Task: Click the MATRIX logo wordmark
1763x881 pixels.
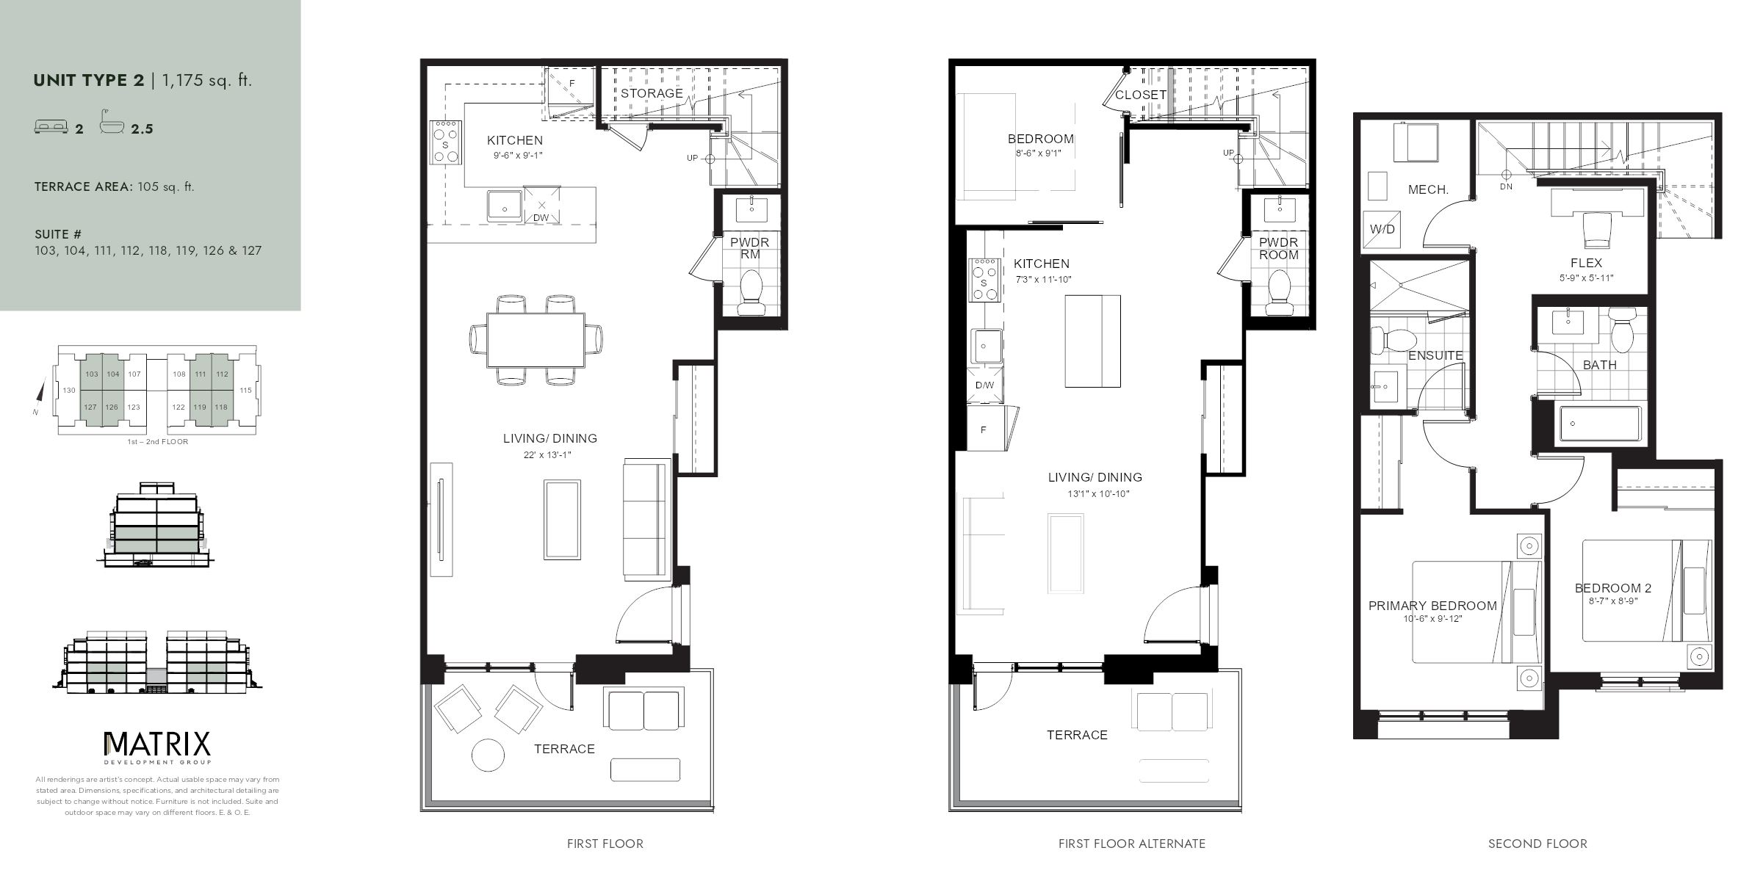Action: [157, 744]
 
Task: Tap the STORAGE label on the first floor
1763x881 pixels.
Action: [651, 93]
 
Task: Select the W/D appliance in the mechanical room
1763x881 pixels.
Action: [1381, 229]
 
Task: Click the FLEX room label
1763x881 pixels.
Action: [1586, 263]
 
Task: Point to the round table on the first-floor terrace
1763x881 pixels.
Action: [488, 755]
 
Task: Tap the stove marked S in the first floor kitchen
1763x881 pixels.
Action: [445, 145]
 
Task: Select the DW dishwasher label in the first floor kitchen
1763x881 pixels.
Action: [541, 217]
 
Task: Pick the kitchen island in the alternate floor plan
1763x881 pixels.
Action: [1092, 341]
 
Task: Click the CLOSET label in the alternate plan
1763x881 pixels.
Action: [1140, 95]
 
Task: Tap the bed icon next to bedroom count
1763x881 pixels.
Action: [51, 128]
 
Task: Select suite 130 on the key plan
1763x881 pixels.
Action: [68, 390]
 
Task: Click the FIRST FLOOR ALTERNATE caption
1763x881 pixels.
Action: [1131, 844]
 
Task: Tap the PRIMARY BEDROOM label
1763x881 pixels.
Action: [1432, 606]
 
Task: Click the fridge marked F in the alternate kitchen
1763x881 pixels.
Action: [984, 429]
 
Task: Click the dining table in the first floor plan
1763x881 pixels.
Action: [536, 340]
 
